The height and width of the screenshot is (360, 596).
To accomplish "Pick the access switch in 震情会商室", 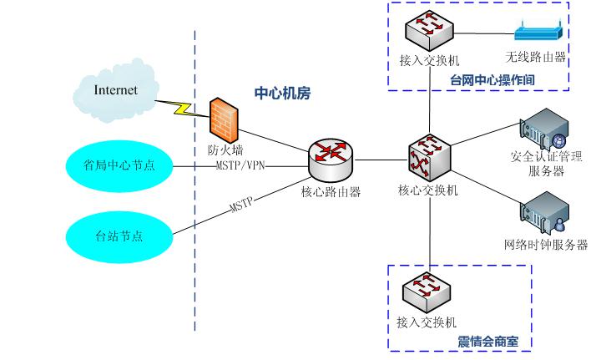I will click(x=429, y=292).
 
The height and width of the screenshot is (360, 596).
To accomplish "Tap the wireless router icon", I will click(x=538, y=34).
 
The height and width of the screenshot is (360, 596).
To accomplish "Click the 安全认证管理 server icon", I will click(x=543, y=130).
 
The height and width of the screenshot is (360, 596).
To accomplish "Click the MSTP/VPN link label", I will click(x=240, y=165).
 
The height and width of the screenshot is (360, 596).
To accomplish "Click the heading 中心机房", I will click(x=282, y=92).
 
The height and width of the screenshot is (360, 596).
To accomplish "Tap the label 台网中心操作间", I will click(x=492, y=79).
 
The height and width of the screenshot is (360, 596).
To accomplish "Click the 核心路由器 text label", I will click(x=331, y=190).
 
